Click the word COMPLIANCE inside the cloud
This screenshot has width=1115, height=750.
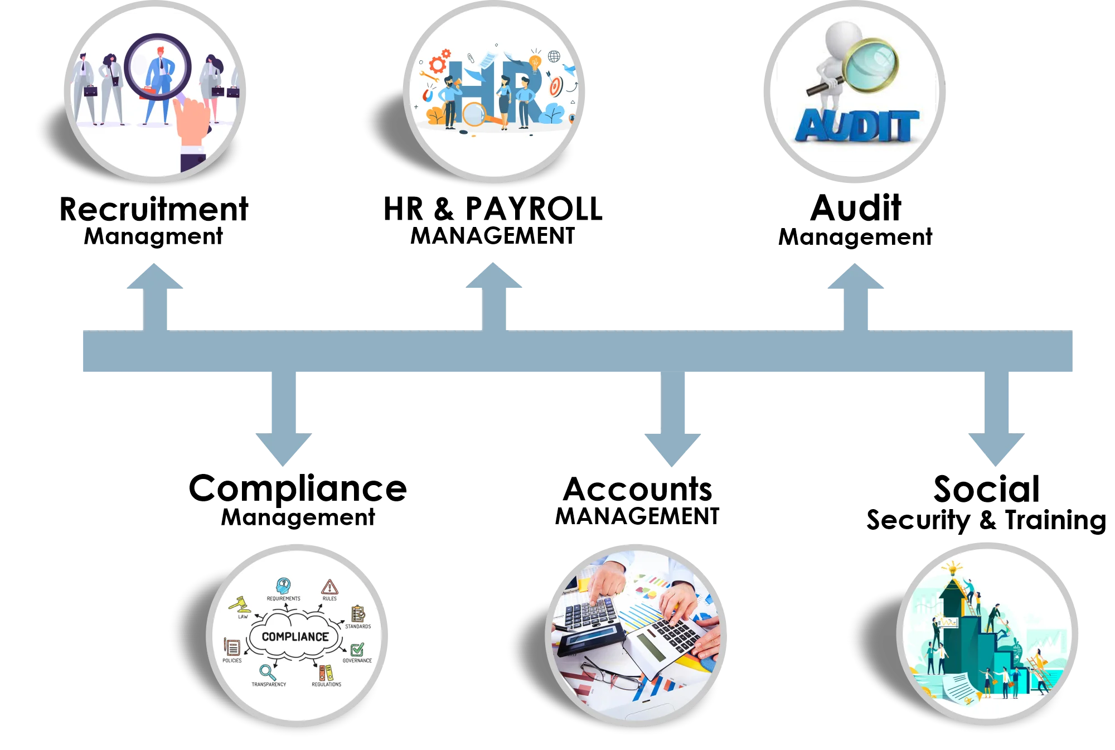[295, 637]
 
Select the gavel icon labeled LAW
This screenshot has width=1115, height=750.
[239, 604]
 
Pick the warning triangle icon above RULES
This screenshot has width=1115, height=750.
[329, 587]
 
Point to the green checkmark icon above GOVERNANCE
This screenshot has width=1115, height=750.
[357, 650]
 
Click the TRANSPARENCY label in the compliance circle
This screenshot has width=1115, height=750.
[269, 684]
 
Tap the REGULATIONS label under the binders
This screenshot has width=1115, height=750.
[326, 684]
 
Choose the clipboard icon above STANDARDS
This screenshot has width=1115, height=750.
[358, 614]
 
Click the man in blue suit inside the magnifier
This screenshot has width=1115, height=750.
[159, 78]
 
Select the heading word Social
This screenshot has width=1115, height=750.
[986, 488]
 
